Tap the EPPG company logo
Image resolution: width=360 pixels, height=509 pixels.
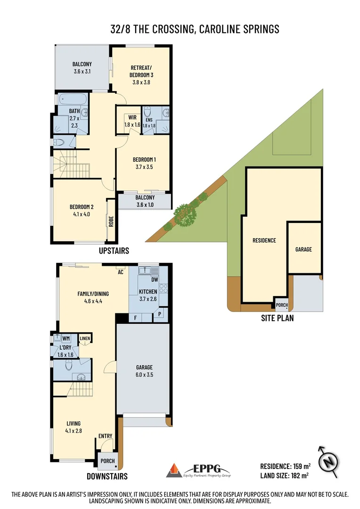pyautogui.click(x=198, y=470)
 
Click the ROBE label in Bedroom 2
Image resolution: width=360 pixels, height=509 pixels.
pyautogui.click(x=111, y=222)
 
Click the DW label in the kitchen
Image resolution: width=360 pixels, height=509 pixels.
pyautogui.click(x=155, y=279)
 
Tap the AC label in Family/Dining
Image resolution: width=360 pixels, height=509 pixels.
pyautogui.click(x=120, y=272)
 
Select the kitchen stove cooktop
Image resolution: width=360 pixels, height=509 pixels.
pyautogui.click(x=164, y=288)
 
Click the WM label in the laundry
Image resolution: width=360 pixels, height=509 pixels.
pyautogui.click(x=66, y=338)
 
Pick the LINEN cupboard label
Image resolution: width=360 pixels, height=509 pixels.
pyautogui.click(x=85, y=338)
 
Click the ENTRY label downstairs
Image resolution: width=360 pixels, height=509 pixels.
pyautogui.click(x=105, y=436)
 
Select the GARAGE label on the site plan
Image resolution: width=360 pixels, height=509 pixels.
pyautogui.click(x=303, y=249)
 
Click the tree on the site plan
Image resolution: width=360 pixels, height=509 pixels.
pyautogui.click(x=185, y=215)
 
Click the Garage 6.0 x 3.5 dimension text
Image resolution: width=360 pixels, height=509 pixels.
pyautogui.click(x=144, y=375)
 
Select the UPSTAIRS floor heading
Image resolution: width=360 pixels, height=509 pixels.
pyautogui.click(x=114, y=251)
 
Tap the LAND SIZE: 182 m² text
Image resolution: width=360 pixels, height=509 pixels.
pyautogui.click(x=284, y=476)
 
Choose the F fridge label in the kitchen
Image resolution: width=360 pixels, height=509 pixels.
pyautogui.click(x=135, y=318)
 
